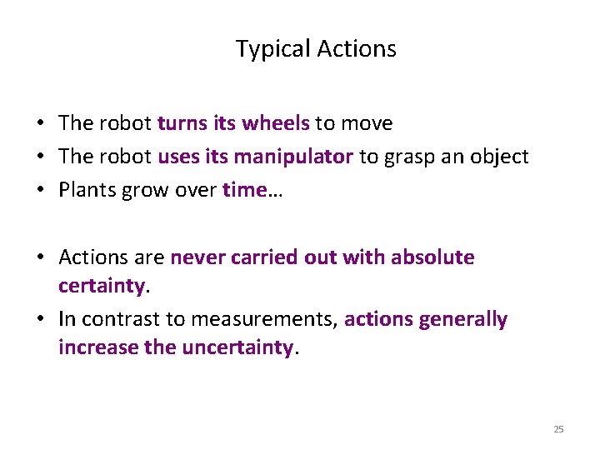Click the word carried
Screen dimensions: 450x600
[265, 257]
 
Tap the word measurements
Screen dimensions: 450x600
[265, 320]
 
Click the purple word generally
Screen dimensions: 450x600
[466, 320]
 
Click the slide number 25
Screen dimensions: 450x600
[558, 429]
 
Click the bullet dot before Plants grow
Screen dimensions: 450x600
[40, 191]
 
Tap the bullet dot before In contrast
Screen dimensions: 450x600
[40, 320]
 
